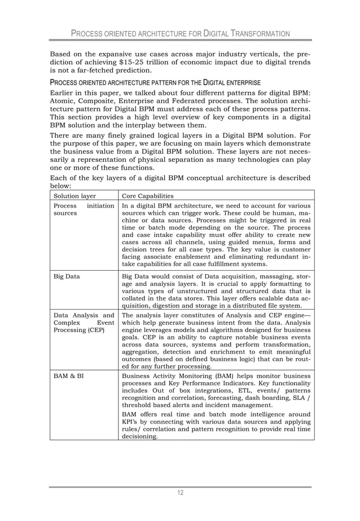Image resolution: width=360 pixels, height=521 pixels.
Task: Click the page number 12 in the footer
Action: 180,493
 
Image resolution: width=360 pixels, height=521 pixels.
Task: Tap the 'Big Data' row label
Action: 66,277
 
